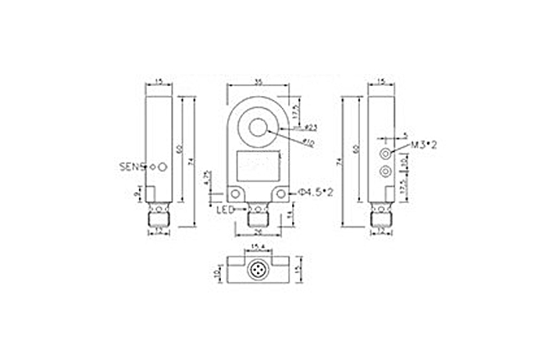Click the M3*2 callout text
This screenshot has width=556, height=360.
pos(422,146)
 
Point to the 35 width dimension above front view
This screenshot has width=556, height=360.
pos(257,81)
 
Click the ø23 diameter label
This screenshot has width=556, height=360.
pos(309,127)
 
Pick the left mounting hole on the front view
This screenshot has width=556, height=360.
pos(234,193)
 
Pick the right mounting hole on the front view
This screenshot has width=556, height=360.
pos(280,193)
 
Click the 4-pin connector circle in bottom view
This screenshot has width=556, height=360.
pos(257,270)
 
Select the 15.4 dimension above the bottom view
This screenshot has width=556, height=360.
pos(257,248)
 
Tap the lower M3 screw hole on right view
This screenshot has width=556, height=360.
pos(383,171)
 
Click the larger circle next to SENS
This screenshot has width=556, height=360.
pos(162,166)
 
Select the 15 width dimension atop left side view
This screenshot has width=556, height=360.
pos(159,81)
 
